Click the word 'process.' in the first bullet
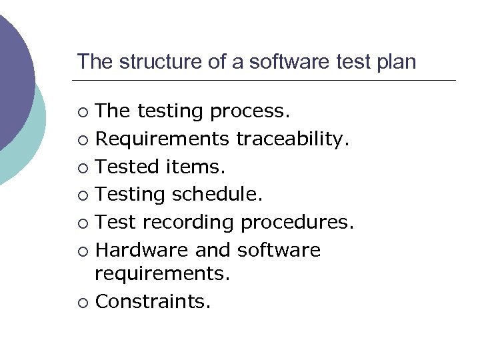pos(250,111)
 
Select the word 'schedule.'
pos(218,195)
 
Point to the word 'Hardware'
pos(142,251)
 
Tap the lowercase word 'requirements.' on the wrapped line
pos(162,273)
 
